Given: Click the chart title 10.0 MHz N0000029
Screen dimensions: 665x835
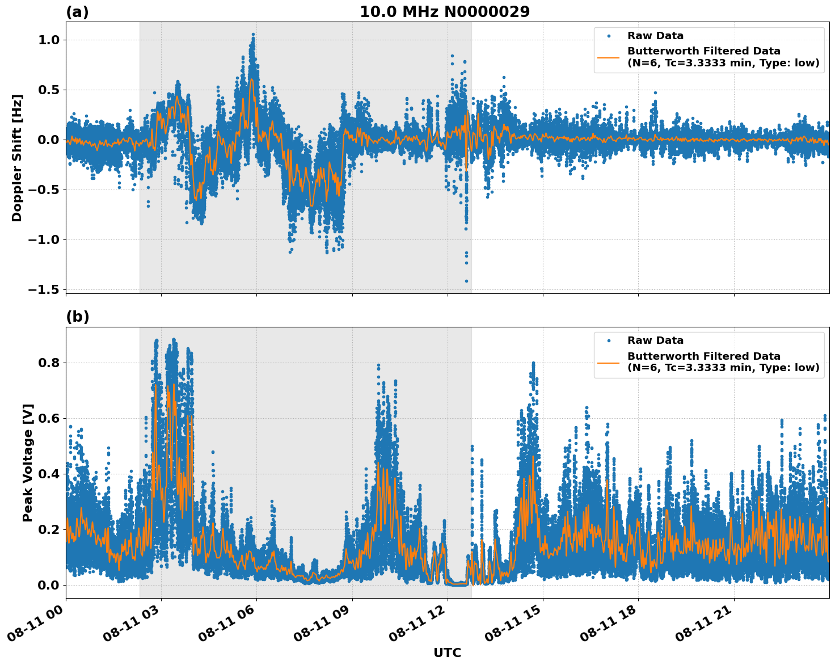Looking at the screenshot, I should point(444,12).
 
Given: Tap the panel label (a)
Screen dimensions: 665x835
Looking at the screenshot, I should point(77,12).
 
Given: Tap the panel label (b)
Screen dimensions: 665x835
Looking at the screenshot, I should point(77,317).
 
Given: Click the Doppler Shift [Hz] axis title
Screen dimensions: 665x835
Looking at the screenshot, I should point(17,158).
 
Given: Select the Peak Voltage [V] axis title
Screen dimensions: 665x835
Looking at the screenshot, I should point(28,462).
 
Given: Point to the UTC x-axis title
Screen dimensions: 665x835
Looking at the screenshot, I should point(447,653).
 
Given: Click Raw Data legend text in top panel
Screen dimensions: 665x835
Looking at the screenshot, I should point(655,36).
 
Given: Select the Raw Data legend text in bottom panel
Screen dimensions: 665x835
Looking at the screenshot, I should point(655,340).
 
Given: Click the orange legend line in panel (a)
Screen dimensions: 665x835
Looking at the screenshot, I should point(609,57).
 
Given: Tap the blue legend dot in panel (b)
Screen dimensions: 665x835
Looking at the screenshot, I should point(609,340).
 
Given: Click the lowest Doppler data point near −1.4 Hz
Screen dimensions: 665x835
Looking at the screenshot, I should point(467,281).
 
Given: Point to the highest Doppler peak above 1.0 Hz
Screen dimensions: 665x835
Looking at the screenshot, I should point(253,35).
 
